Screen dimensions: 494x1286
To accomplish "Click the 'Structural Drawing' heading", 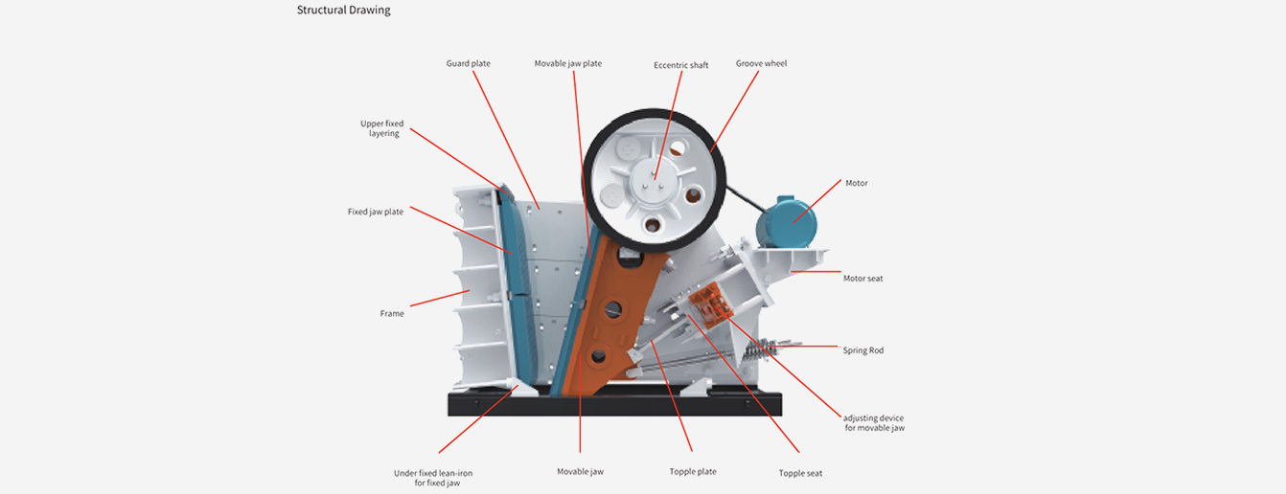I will click(x=343, y=11).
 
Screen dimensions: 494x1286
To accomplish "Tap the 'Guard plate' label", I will click(x=468, y=64).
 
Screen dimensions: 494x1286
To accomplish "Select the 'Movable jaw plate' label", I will click(x=568, y=64).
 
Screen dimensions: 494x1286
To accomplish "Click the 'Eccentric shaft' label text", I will click(x=681, y=65).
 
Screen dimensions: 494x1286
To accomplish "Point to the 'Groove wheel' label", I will click(x=761, y=64).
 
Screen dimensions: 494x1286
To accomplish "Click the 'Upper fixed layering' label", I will click(x=382, y=128).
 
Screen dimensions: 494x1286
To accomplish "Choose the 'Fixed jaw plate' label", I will click(x=376, y=212).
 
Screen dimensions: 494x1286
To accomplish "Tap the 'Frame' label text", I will click(x=392, y=314).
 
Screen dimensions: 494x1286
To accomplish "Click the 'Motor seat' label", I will click(x=862, y=279).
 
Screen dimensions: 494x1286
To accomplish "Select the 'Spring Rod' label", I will click(x=862, y=350).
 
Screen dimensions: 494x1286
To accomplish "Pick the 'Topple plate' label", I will click(x=693, y=471).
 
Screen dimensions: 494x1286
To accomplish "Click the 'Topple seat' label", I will click(x=800, y=473).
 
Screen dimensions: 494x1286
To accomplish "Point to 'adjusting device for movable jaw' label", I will click(x=873, y=423).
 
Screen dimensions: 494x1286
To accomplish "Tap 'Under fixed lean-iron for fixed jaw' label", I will click(x=433, y=478).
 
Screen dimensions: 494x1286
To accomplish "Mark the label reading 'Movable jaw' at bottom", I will click(x=580, y=471).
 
